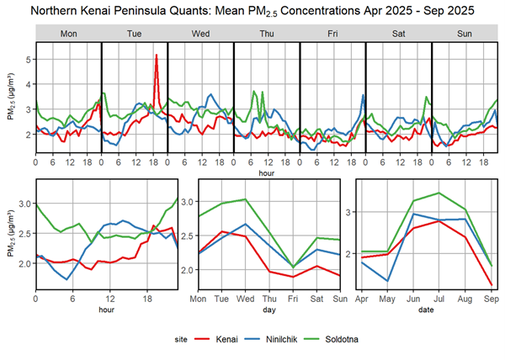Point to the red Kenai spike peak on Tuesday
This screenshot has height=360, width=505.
157,56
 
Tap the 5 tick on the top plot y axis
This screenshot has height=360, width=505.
27,60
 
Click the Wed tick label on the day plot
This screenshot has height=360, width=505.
245,299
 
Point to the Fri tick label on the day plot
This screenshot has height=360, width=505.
293,299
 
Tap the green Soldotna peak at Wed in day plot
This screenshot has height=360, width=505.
245,199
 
